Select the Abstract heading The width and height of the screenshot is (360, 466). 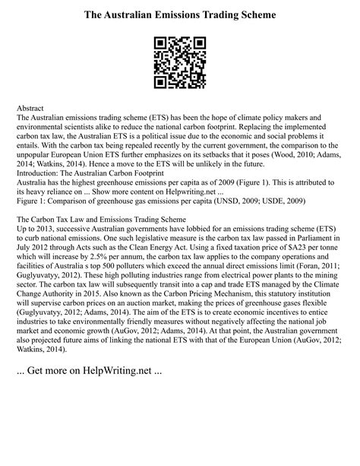click(32, 109)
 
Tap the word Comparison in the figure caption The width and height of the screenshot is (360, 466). click(70, 204)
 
